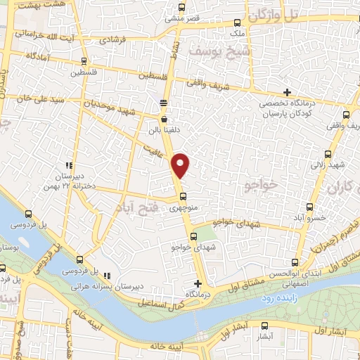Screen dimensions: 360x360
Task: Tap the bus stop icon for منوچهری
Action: pyautogui.click(x=183, y=196)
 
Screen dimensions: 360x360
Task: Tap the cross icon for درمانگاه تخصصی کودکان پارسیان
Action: pyautogui.click(x=287, y=92)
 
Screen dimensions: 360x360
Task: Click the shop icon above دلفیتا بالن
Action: pyautogui.click(x=164, y=120)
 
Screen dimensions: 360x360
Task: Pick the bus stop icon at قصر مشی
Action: pyautogui.click(x=181, y=8)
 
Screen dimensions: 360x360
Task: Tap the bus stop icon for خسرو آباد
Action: pyautogui.click(x=311, y=207)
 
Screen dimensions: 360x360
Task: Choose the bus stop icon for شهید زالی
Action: pyautogui.click(x=328, y=154)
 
